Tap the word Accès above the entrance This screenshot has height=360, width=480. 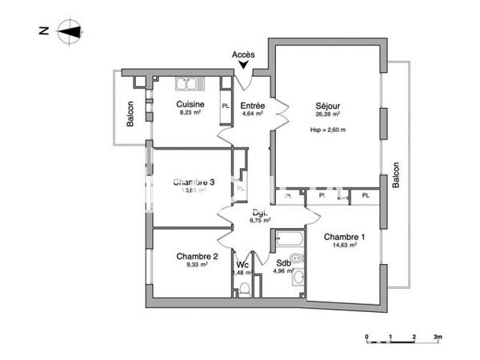(243, 55)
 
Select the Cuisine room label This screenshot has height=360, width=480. (190, 105)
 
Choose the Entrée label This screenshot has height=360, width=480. (253, 105)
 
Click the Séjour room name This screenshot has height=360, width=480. (328, 105)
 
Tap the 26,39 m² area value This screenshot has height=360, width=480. (328, 114)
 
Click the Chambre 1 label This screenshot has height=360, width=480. (344, 237)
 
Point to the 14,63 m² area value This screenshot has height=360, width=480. (344, 246)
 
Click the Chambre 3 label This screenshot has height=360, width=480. (194, 182)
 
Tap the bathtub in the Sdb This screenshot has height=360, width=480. (287, 238)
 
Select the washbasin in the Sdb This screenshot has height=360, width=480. (298, 278)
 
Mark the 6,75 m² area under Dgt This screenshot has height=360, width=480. (260, 221)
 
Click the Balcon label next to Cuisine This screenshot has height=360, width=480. (130, 114)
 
